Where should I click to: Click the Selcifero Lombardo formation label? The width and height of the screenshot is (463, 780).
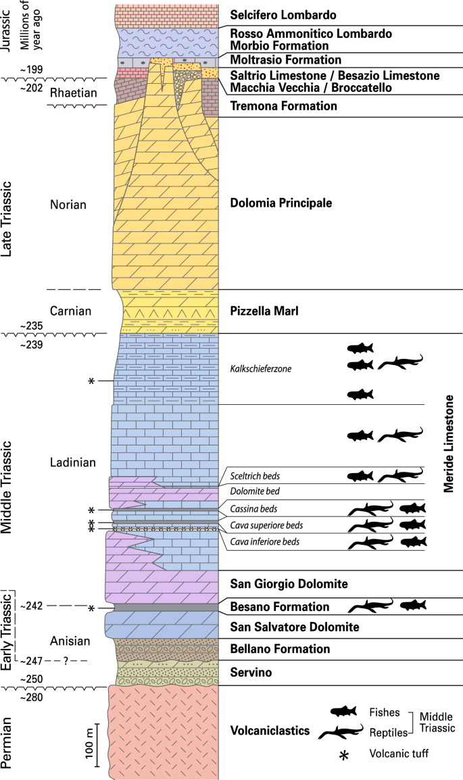[x=283, y=15]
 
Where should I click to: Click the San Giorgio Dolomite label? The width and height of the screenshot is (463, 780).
[x=289, y=583]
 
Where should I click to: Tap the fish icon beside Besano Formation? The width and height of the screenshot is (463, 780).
[x=412, y=605]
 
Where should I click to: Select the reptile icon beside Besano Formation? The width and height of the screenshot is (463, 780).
[x=370, y=606]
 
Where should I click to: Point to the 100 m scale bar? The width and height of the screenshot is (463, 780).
[x=97, y=745]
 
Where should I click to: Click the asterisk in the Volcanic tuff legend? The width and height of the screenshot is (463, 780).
[x=344, y=756]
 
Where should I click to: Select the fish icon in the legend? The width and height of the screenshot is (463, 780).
[x=345, y=712]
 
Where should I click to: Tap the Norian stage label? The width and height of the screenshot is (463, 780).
[x=68, y=204]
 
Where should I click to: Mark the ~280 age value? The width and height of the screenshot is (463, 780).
[x=32, y=696]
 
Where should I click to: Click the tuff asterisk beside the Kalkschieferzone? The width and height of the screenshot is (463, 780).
[x=91, y=381]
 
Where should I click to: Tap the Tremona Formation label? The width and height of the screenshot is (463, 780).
[x=274, y=106]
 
